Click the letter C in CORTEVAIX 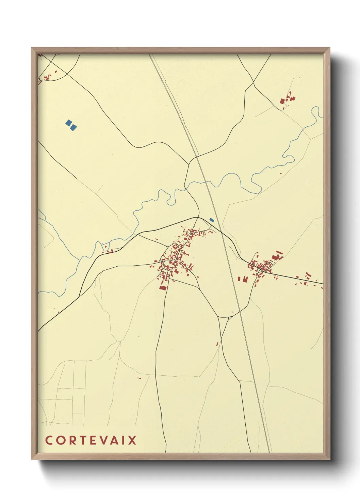(x=49, y=440)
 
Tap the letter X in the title (x=132, y=440)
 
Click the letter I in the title (x=123, y=440)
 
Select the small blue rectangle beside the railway (x=212, y=220)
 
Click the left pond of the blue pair (x=69, y=123)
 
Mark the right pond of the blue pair (x=73, y=127)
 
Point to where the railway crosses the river (x=207, y=182)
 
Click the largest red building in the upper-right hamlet (x=282, y=101)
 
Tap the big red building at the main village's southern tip (x=163, y=288)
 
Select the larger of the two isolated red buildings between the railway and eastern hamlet (x=245, y=279)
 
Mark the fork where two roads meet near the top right (x=253, y=82)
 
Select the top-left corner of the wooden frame (x=32, y=48)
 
